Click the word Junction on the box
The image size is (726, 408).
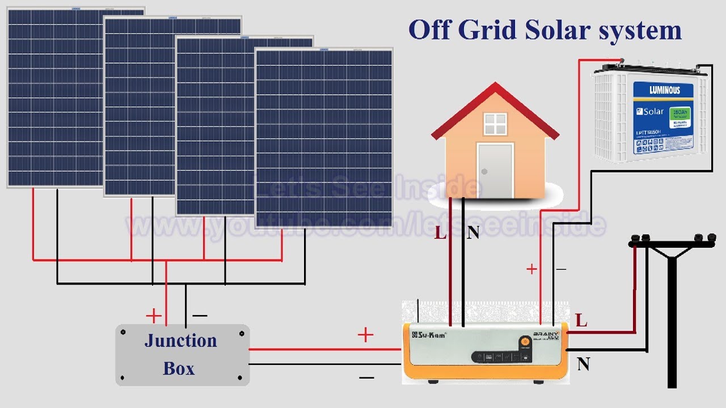coord(180,341)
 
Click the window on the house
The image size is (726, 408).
coord(495,124)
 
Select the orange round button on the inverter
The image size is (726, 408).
coord(525,342)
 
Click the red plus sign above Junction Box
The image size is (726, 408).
coord(154,316)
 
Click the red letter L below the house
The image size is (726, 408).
coord(440,232)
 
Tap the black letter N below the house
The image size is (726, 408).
coord(473,232)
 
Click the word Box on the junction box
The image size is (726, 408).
coord(179,368)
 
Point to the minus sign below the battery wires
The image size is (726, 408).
coord(561,269)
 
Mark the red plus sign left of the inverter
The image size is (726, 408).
coord(366,335)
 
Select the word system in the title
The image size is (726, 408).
coord(641,30)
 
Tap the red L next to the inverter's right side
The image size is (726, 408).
coord(581,321)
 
